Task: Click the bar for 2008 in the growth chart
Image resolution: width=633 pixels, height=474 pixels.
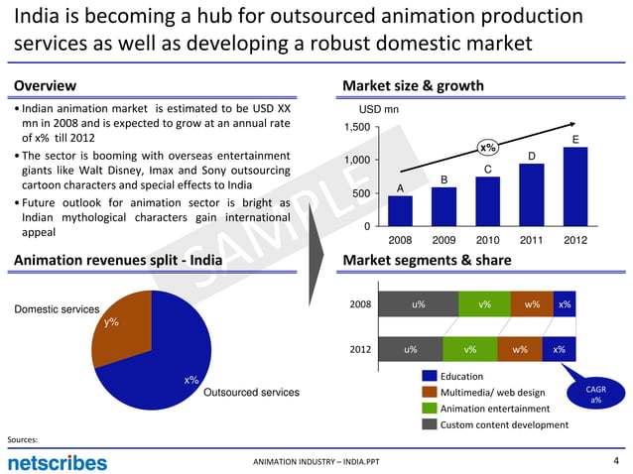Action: point(400,210)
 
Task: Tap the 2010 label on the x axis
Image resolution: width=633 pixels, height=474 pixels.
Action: point(487,240)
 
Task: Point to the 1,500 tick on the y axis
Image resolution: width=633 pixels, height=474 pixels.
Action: point(357,128)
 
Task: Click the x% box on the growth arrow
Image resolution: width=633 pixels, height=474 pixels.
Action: point(488,149)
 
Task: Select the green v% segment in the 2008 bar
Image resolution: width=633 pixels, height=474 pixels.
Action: point(483,304)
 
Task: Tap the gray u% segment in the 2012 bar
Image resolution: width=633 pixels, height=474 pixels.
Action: point(410,350)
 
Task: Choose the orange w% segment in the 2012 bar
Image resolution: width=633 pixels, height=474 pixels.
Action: point(519,350)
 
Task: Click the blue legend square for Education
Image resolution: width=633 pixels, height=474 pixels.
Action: point(430,376)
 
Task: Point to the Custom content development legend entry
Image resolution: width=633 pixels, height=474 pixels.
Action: point(503,424)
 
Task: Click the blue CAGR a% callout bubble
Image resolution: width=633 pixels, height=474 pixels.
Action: point(594,395)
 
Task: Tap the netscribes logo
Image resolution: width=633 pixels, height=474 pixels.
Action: point(57,462)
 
